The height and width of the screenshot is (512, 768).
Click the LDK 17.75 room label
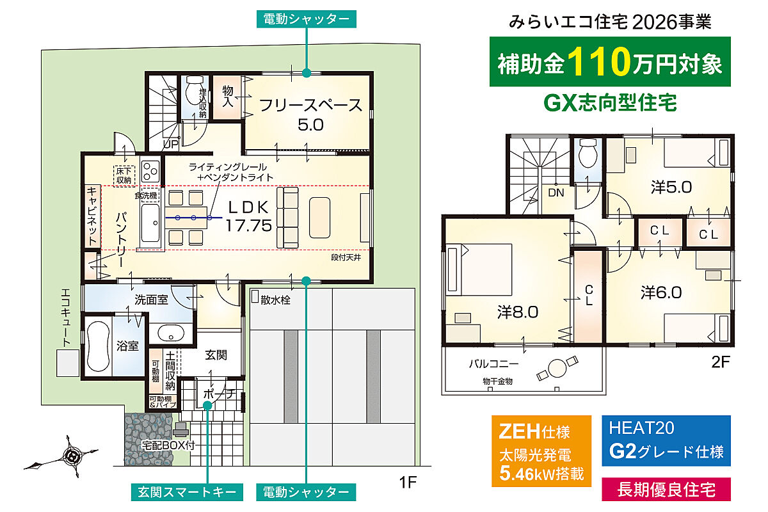(248, 217)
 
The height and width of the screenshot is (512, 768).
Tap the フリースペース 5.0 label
(310, 115)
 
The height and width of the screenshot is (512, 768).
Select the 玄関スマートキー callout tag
(187, 492)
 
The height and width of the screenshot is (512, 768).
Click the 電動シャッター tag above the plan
(306, 19)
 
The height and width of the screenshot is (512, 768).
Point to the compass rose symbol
(73, 456)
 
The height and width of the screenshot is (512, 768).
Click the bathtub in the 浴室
(98, 346)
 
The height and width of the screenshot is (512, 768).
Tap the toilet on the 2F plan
(588, 155)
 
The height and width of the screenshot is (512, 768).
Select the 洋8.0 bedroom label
(518, 312)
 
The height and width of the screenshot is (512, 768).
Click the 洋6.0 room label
(661, 293)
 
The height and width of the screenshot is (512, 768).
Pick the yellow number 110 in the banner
(599, 61)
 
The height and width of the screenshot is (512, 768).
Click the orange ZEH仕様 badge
(541, 451)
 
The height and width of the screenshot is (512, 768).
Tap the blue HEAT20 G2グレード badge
(666, 441)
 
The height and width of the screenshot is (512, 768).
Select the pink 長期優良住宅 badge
(666, 490)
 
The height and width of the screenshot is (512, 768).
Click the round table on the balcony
(557, 368)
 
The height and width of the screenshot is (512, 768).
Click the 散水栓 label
(275, 300)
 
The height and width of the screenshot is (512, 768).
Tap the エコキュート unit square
(68, 363)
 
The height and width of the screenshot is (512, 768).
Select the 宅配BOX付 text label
(168, 445)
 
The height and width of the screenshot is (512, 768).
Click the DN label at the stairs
(556, 193)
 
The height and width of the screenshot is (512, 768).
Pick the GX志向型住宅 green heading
(611, 102)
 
